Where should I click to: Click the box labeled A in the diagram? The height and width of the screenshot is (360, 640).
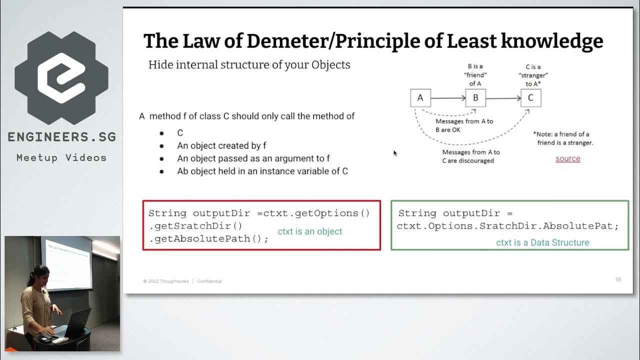pos(420,98)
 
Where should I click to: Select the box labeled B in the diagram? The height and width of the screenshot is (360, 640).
pos(475,98)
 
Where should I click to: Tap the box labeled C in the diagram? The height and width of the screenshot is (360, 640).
pos(530,98)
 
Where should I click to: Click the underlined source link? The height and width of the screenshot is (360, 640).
pos(568,158)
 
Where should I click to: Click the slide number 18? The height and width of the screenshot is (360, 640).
pos(618,279)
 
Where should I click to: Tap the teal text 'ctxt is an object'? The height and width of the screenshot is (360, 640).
pos(310,231)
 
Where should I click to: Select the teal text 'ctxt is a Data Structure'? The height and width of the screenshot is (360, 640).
pos(542,242)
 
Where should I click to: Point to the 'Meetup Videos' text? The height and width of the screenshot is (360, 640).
pos(61,157)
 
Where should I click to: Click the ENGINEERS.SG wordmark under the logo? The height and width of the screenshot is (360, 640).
pos(61,137)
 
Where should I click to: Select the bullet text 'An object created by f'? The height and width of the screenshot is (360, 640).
pos(221,145)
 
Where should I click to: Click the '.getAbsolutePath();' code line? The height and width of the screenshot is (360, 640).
pos(208,238)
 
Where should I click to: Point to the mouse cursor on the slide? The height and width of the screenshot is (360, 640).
pos(394,153)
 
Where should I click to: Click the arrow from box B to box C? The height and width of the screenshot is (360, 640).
pos(503,98)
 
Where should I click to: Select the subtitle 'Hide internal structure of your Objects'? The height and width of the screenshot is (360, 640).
pos(249,65)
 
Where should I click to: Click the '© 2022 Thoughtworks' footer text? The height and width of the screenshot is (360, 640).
pos(166,281)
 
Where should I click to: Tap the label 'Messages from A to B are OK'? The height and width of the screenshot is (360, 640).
pos(464,125)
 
